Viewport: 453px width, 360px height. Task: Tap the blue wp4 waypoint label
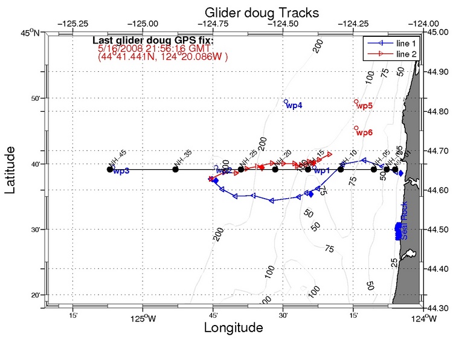click(294, 106)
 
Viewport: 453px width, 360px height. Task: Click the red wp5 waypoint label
click(365, 106)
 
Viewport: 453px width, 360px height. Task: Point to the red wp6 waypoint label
click(365, 132)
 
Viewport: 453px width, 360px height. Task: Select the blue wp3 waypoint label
click(121, 171)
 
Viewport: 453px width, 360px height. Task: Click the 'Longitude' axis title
click(234, 328)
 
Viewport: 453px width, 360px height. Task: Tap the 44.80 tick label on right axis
click(439, 112)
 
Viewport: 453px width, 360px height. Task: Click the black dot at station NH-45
click(110, 169)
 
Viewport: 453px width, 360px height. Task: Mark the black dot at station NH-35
click(176, 169)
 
